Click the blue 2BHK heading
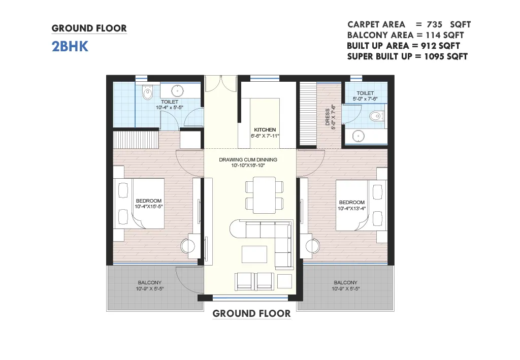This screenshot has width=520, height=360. point(70,46)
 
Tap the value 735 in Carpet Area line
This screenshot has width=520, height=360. point(435,24)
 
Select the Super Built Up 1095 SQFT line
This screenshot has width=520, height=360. point(407,57)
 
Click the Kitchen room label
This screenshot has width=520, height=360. point(265,129)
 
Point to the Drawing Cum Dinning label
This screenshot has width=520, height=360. point(248,159)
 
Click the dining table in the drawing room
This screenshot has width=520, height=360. point(264,195)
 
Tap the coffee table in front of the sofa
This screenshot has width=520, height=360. point(254,254)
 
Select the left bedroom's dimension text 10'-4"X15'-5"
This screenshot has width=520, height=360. point(149,207)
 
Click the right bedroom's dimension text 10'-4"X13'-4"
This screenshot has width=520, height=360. point(351,208)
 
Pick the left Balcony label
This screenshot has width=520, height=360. point(150,282)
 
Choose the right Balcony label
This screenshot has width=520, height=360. point(345,282)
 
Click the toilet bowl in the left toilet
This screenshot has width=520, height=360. point(147,92)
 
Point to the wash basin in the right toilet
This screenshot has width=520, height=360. point(358,136)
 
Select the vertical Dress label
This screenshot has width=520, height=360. point(328,117)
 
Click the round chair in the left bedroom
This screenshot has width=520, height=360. point(188,246)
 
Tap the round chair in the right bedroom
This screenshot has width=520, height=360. point(312,246)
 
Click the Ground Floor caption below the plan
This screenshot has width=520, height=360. point(251,314)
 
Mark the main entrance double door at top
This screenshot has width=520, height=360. point(220,84)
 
